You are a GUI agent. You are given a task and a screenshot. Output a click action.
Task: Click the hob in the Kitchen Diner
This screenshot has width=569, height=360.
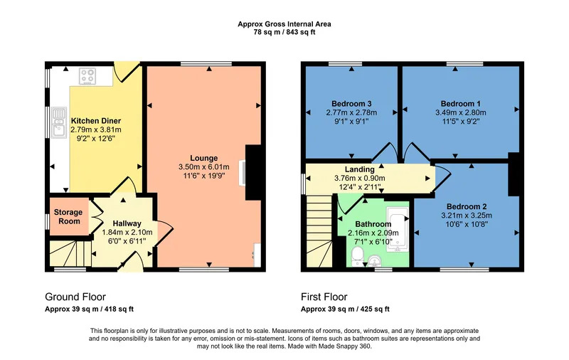click(87, 76)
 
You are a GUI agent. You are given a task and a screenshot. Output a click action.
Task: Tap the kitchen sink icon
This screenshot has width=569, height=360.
click(59, 122)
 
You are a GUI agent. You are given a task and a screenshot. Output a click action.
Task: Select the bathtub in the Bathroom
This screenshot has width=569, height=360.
click(398, 229)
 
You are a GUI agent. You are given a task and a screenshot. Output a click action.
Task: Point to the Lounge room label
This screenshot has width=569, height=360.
click(204, 158)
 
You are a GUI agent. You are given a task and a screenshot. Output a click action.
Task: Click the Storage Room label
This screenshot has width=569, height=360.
click(68, 217)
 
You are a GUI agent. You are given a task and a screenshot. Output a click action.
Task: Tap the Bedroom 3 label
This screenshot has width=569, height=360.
click(351, 104)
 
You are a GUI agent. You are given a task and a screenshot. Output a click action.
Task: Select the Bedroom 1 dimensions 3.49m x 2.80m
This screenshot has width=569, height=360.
click(460, 112)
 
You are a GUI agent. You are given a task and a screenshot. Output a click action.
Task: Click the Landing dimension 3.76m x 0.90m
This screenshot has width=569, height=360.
click(360, 178)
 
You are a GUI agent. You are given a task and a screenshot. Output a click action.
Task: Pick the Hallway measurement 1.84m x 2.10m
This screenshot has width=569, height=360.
click(127, 232)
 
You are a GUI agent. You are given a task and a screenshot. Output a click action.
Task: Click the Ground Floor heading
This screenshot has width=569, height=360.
click(75, 297)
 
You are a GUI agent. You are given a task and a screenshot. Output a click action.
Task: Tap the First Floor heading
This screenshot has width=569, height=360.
click(324, 297)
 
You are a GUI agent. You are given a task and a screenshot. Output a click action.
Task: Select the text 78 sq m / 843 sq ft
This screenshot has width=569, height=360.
click(284, 32)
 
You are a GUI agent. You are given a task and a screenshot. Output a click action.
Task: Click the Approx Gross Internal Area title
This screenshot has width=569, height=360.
click(284, 24)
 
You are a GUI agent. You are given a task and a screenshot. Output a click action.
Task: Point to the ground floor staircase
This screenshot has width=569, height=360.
click(70, 253)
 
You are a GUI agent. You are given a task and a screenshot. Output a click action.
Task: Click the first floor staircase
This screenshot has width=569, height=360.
click(319, 231)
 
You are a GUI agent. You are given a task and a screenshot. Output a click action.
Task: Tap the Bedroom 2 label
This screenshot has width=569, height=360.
click(467, 206)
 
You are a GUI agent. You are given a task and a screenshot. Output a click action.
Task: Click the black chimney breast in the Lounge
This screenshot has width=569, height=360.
click(253, 173)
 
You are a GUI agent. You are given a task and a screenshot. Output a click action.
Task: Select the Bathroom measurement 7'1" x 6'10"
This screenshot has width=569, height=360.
click(373, 242)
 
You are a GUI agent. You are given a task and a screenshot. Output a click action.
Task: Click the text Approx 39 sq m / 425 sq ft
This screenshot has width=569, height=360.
click(345, 309)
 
